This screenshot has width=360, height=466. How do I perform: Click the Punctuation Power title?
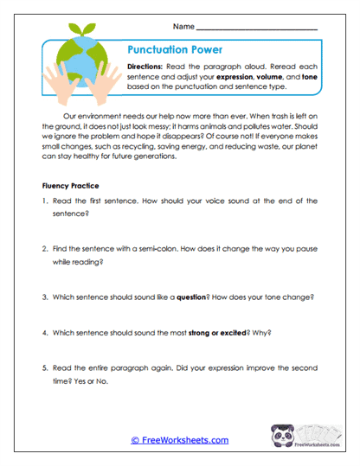pos(175,50)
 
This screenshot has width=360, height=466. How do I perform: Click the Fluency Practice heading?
pos(72,185)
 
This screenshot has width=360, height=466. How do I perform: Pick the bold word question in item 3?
pos(197,295)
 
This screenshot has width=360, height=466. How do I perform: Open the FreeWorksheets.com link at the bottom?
pos(179,440)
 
